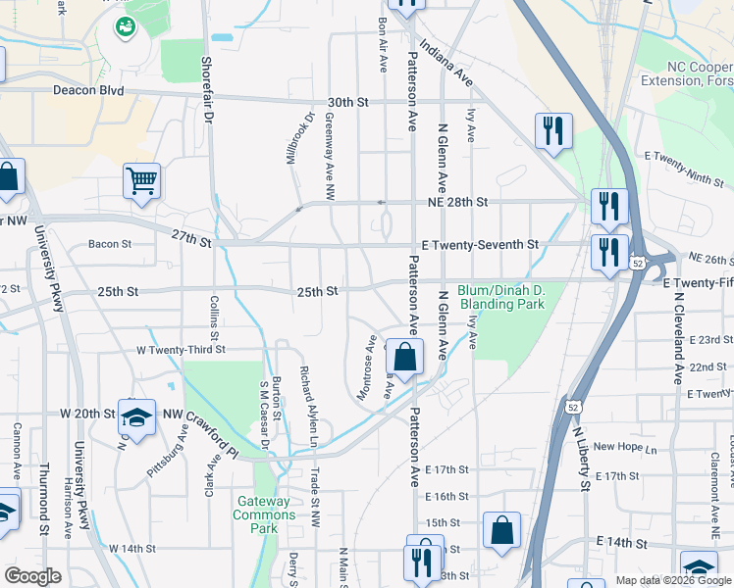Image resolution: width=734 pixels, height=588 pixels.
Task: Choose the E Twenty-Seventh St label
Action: [480, 244]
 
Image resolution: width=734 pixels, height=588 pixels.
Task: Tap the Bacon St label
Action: [109, 244]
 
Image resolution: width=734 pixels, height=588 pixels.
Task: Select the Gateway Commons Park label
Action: [263, 514]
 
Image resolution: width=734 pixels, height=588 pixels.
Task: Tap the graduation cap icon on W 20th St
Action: [137, 416]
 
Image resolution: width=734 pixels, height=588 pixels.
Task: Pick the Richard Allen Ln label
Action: [308, 393]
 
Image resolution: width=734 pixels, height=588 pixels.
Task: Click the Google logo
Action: [32, 575]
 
